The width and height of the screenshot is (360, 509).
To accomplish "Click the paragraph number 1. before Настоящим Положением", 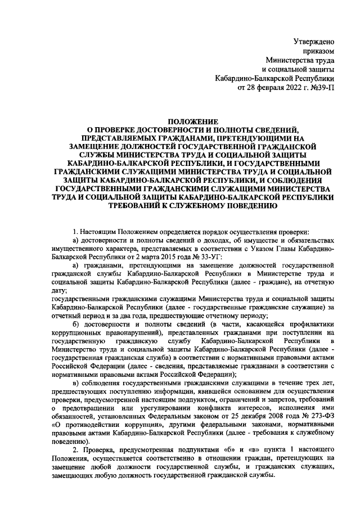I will click(x=75, y=232).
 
